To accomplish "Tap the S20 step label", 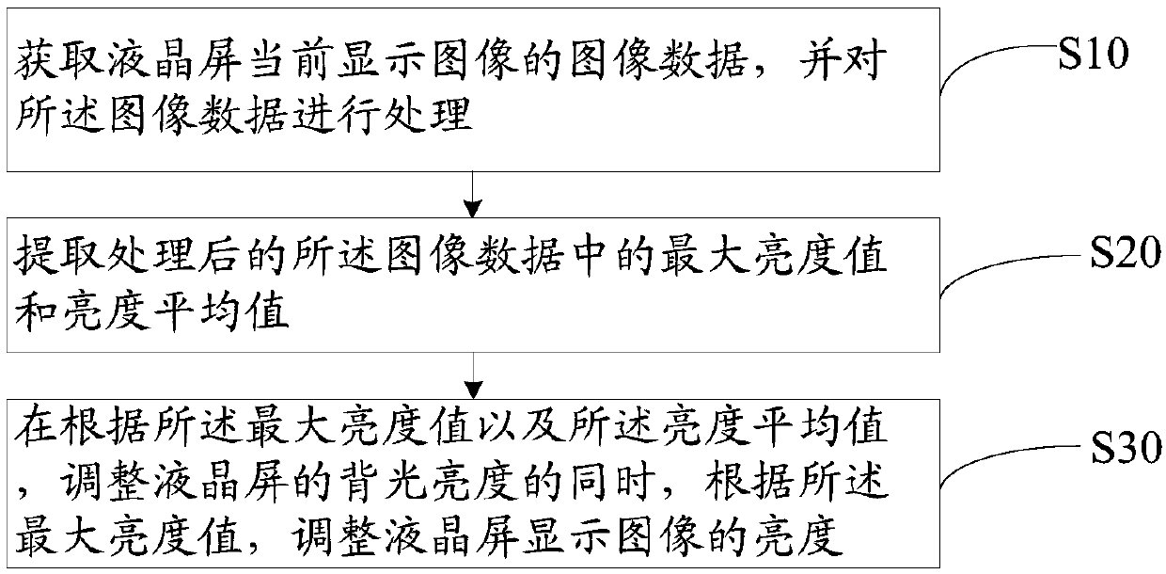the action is [x=1124, y=255].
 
